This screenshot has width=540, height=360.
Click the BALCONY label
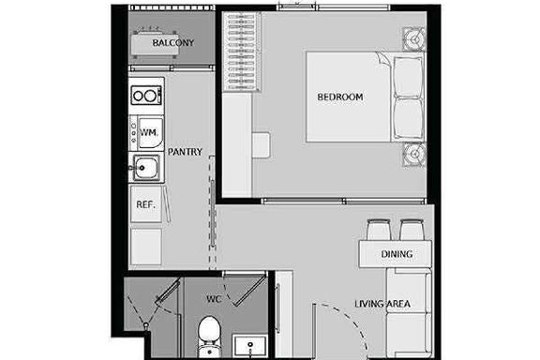(x=173, y=43)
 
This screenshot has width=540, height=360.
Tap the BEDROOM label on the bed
(x=340, y=97)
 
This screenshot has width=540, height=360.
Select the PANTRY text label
(x=185, y=152)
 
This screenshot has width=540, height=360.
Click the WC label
(x=214, y=299)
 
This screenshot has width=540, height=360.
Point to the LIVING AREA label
(x=382, y=304)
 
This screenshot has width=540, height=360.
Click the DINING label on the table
(x=397, y=254)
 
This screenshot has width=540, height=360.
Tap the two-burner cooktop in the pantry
(x=146, y=95)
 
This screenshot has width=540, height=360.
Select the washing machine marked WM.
(x=147, y=133)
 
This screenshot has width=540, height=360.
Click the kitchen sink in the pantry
(x=146, y=168)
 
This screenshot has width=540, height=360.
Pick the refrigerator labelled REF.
(x=146, y=204)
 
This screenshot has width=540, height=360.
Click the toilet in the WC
(x=209, y=337)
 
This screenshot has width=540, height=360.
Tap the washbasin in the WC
(x=250, y=346)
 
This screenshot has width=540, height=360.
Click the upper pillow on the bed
(x=409, y=77)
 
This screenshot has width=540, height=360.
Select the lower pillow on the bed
(x=409, y=119)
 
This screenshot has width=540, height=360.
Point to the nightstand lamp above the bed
(x=414, y=39)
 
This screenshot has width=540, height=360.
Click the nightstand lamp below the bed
(x=414, y=155)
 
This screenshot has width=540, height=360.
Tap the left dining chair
(x=379, y=230)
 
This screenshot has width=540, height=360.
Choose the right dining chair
(x=412, y=230)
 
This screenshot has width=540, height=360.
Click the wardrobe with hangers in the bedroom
(x=241, y=52)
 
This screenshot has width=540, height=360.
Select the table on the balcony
(x=155, y=43)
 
